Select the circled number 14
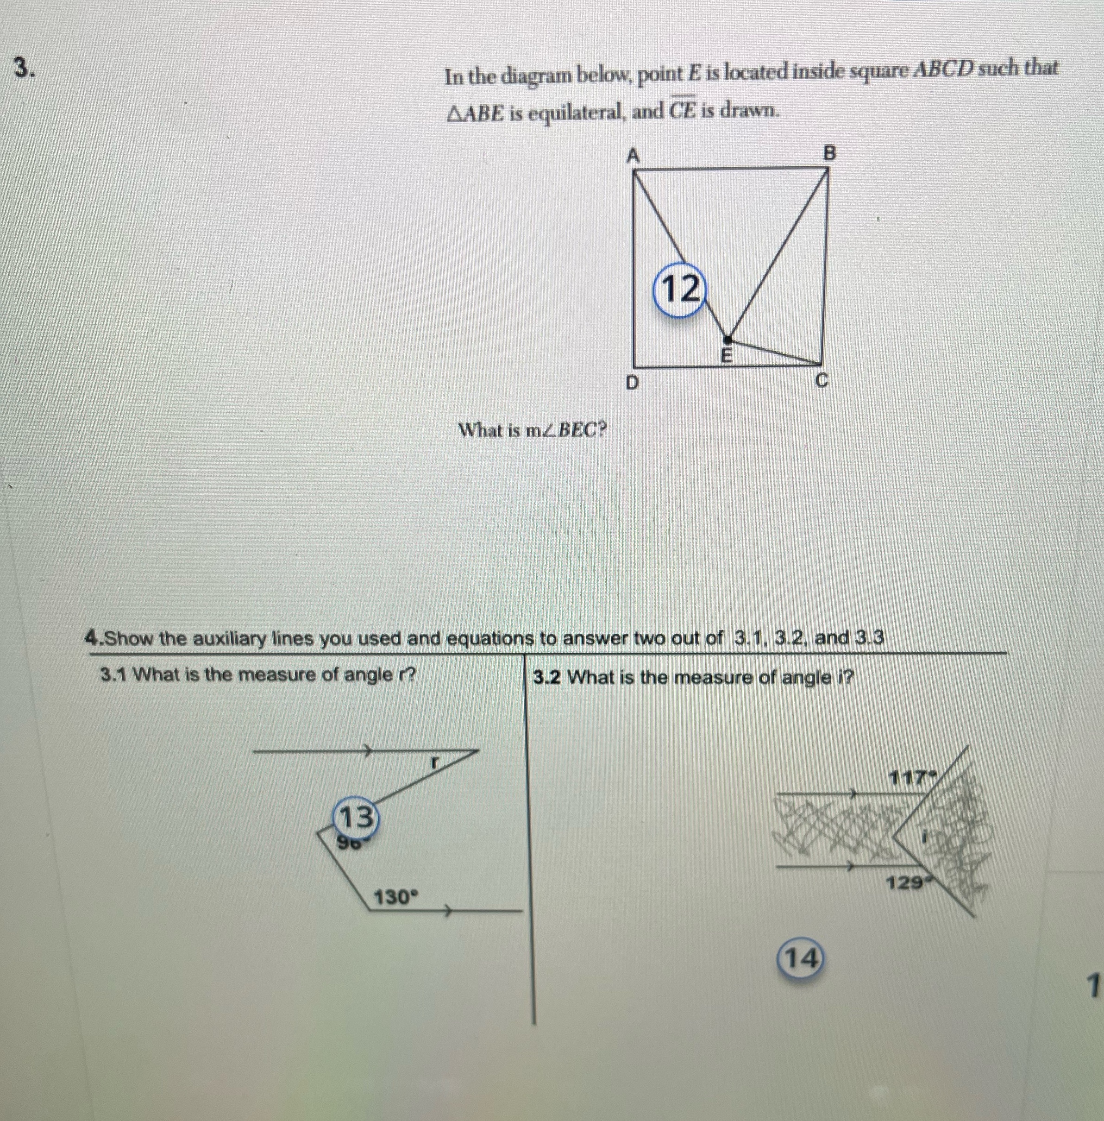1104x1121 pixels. click(800, 959)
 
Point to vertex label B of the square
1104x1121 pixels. click(830, 154)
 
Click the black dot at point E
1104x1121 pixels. click(729, 338)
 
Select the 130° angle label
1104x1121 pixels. click(395, 898)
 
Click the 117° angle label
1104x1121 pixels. click(909, 776)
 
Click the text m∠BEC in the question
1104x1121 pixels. click(565, 430)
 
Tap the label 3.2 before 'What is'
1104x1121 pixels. click(546, 677)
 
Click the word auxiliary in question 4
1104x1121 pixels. click(226, 638)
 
